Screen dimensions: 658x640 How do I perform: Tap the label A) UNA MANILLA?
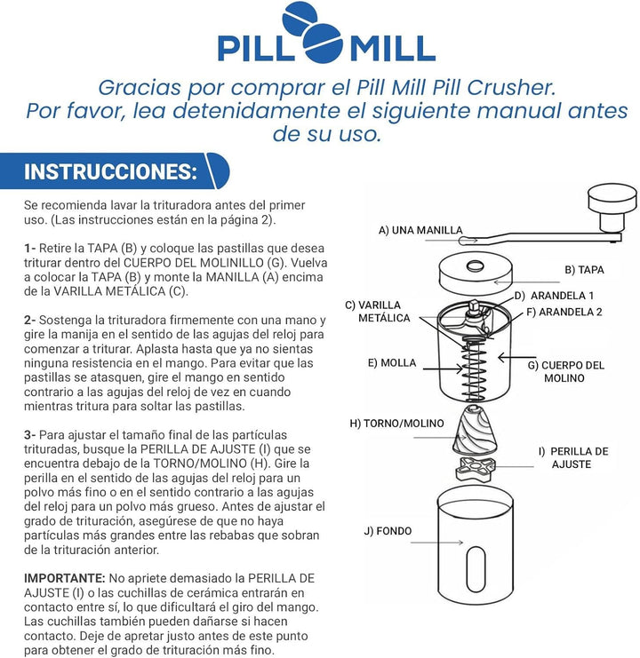click(420, 230)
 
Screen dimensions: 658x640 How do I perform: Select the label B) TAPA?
click(585, 269)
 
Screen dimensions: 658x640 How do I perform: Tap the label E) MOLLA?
click(391, 363)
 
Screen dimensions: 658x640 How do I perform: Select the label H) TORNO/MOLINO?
click(396, 424)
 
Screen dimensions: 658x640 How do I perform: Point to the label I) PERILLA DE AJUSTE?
click(573, 457)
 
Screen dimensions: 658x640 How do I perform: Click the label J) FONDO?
click(388, 531)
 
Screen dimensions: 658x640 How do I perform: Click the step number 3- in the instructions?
click(30, 434)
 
